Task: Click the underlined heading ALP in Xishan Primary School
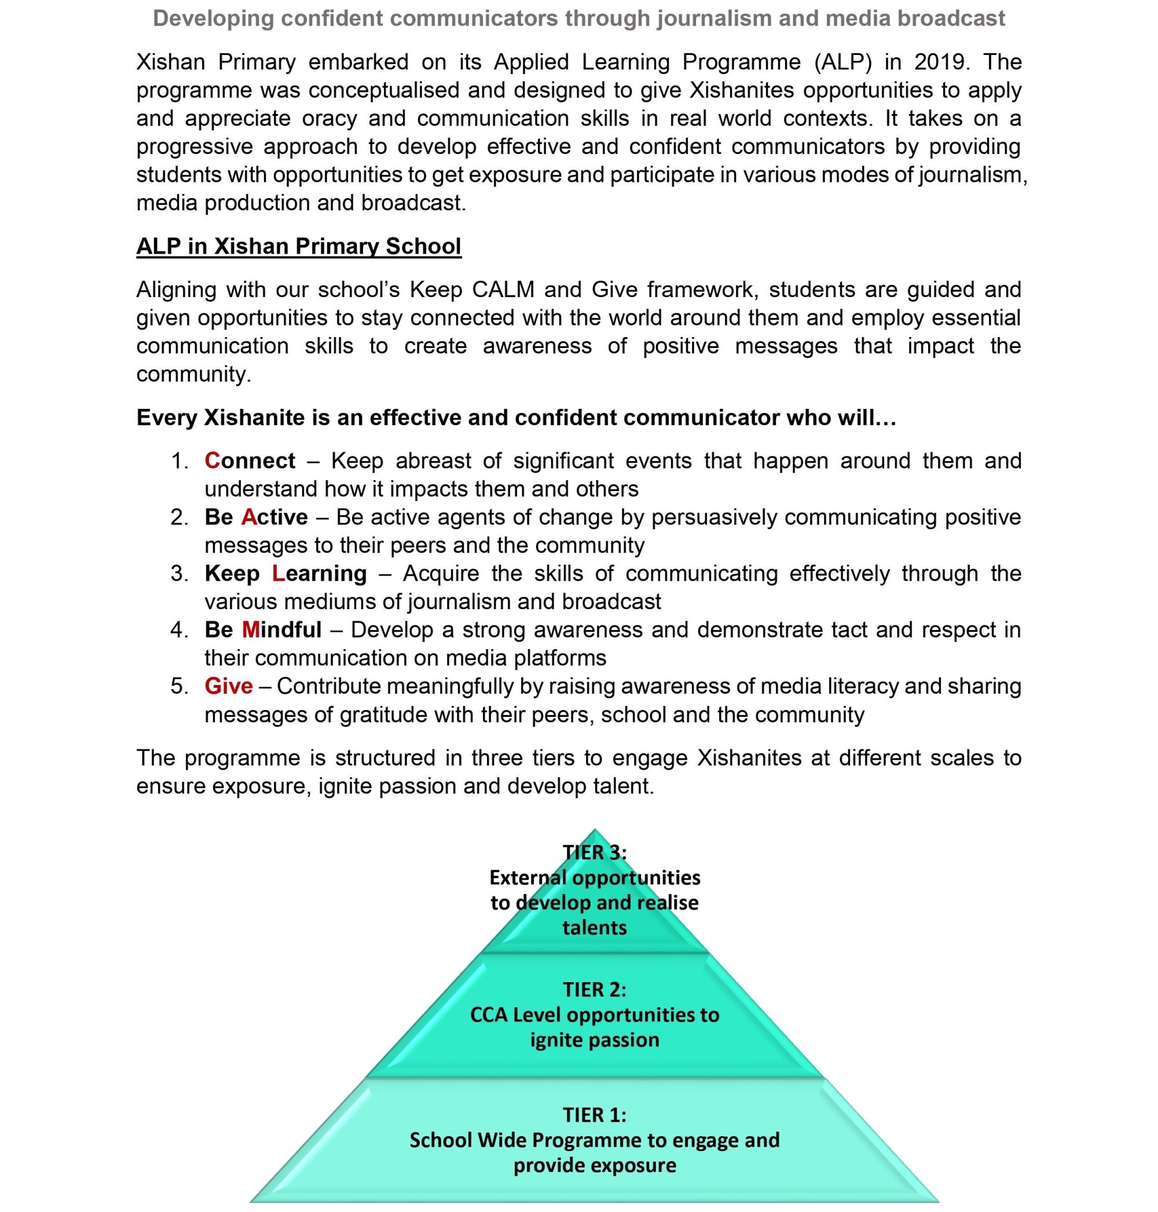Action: click(x=298, y=246)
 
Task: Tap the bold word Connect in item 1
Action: click(x=250, y=460)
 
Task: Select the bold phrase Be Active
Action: click(x=256, y=517)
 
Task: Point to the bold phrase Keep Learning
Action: click(x=285, y=574)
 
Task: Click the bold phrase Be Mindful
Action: click(x=263, y=630)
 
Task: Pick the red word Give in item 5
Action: click(x=228, y=686)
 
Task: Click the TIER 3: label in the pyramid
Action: click(x=595, y=852)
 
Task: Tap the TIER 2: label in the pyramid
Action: click(x=595, y=990)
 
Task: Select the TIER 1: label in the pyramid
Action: click(x=595, y=1115)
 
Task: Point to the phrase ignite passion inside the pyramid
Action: click(x=595, y=1040)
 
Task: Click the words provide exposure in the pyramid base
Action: click(x=595, y=1165)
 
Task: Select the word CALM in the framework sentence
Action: click(x=503, y=290)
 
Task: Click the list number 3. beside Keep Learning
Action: click(x=179, y=574)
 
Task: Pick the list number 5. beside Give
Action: click(x=179, y=686)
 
